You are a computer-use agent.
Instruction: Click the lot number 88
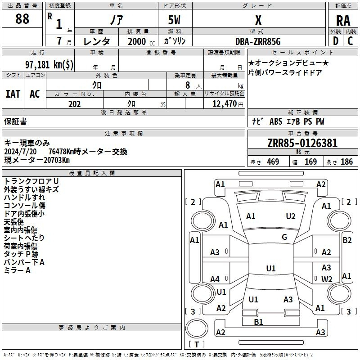[22, 19]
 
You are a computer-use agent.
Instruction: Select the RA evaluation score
[343, 21]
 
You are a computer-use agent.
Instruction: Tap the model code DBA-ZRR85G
[258, 41]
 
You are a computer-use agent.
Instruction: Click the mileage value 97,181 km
[49, 64]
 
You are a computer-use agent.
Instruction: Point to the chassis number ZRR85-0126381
[302, 143]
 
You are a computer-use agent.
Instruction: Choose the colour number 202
[74, 104]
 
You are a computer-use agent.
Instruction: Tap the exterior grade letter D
[336, 41]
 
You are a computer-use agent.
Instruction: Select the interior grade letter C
[350, 41]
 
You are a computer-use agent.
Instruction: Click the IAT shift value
[13, 94]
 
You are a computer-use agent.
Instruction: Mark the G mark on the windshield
[284, 237]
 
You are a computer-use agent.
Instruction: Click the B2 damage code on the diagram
[347, 240]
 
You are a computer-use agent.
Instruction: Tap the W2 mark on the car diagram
[327, 279]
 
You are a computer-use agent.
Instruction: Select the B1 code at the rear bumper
[258, 322]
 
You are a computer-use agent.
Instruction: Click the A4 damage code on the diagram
[215, 279]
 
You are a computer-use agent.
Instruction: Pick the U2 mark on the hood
[290, 216]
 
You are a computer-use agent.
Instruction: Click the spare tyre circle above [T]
[197, 329]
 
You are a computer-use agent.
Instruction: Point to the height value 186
[346, 162]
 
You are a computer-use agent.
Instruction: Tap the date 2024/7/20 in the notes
[20, 152]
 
